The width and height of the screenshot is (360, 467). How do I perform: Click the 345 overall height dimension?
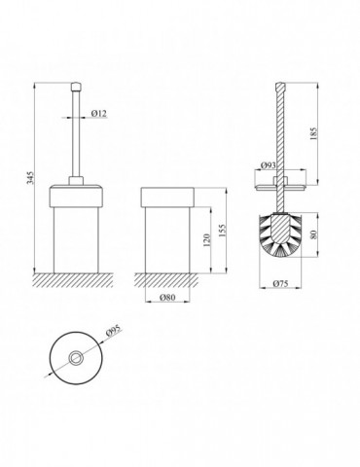(x=30, y=178)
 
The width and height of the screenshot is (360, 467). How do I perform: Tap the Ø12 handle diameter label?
(x=99, y=113)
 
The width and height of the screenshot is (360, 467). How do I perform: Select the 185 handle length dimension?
(x=313, y=133)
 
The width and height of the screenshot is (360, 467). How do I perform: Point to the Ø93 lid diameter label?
(x=269, y=165)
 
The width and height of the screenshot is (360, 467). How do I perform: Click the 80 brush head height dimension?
(x=313, y=234)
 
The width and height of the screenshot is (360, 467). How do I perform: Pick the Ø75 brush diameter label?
(x=280, y=284)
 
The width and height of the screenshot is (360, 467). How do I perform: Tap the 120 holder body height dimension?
(x=207, y=240)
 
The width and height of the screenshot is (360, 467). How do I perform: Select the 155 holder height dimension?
(x=223, y=231)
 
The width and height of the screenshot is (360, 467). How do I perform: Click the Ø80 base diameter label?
(x=167, y=298)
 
